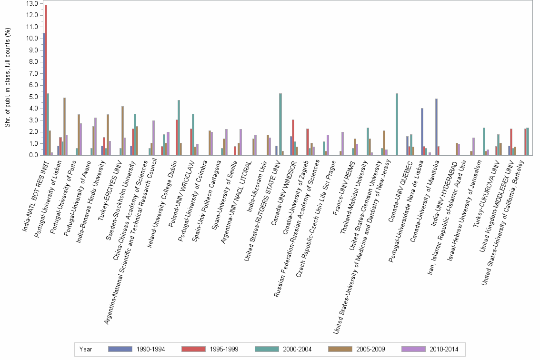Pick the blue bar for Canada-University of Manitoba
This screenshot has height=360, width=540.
[x=436, y=127]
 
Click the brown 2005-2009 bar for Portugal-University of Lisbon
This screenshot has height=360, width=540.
[x=64, y=126]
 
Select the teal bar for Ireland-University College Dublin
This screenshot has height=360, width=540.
[x=179, y=128]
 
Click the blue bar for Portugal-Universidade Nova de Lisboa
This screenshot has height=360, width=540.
[x=422, y=131]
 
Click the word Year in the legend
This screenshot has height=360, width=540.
[x=86, y=349]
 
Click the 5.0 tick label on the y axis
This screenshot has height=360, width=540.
[x=33, y=97]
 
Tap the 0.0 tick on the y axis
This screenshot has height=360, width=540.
[x=33, y=155]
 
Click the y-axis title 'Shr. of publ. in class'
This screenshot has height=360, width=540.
[x=7, y=79]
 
